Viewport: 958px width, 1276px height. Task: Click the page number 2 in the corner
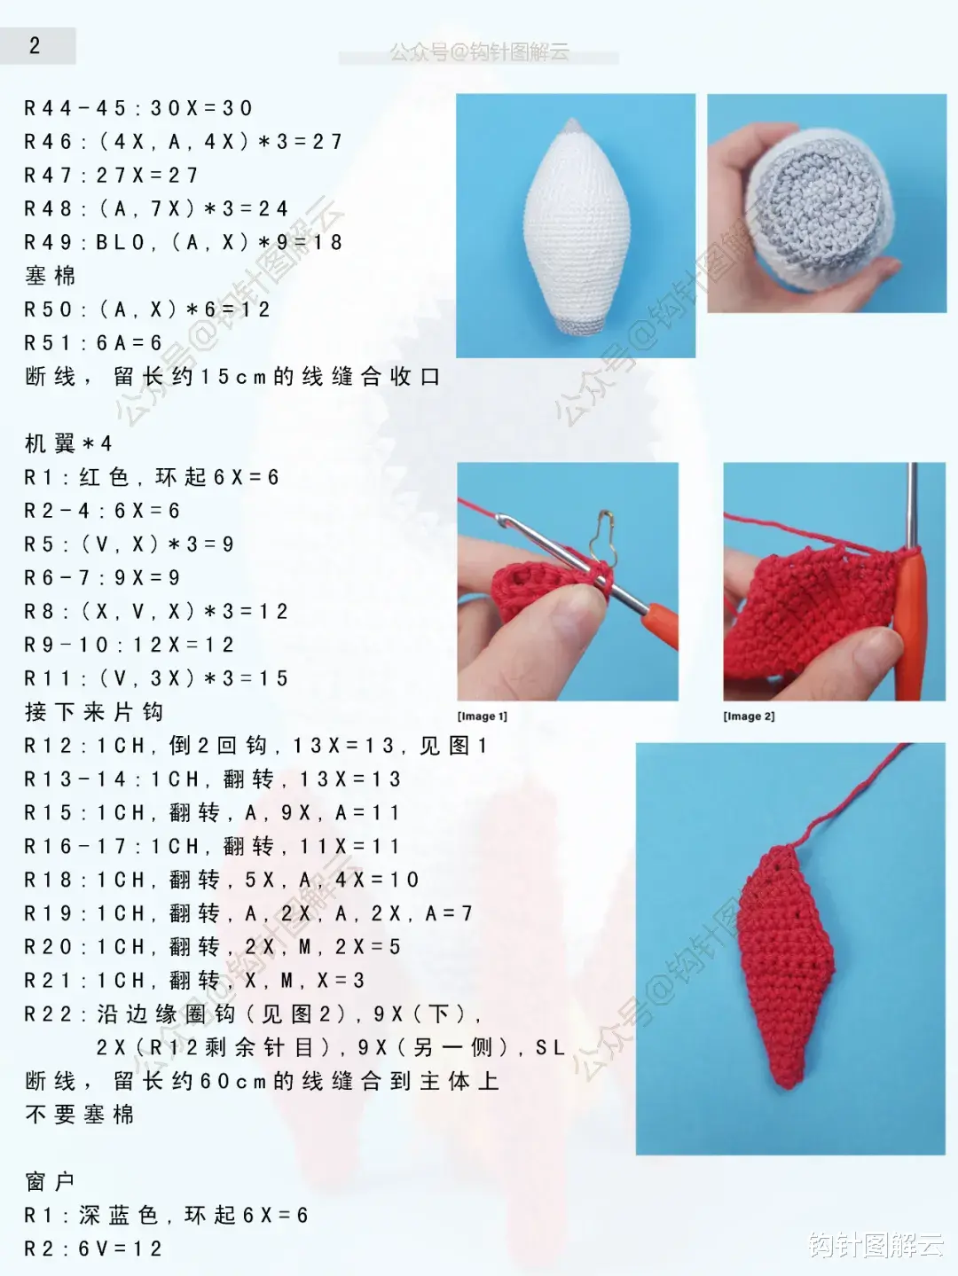click(x=35, y=46)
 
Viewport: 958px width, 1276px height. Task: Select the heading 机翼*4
click(x=68, y=443)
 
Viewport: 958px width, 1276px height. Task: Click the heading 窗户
click(x=50, y=1181)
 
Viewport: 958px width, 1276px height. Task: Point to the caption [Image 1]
click(x=483, y=716)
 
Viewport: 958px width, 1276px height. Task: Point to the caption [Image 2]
click(x=749, y=716)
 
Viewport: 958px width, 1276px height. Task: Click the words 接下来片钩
click(x=94, y=712)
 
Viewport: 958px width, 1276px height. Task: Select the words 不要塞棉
click(x=80, y=1115)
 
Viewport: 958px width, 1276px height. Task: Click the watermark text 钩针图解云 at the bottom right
click(x=875, y=1245)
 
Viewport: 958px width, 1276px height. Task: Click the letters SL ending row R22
click(x=550, y=1048)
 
